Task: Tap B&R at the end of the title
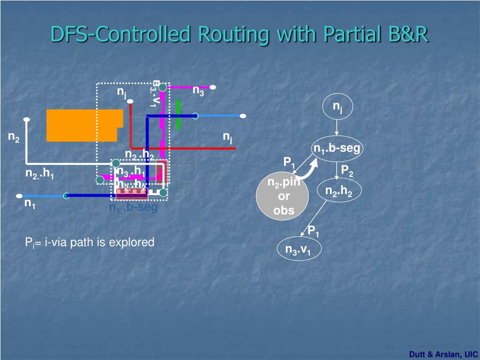coord(407,34)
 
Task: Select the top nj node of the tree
coord(337,107)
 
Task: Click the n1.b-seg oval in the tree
coord(337,149)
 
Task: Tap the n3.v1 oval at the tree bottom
coord(298,250)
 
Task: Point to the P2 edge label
coord(347,171)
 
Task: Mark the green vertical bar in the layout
coord(178,114)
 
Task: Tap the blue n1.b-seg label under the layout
coord(134,208)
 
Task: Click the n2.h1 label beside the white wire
coord(40,175)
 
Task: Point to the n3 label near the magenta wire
coord(198,90)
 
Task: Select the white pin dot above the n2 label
coord(27,120)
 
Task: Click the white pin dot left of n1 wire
coord(19,196)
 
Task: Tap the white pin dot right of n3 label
coord(213,87)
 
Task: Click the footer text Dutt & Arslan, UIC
coord(443,354)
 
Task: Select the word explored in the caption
coord(135,242)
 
